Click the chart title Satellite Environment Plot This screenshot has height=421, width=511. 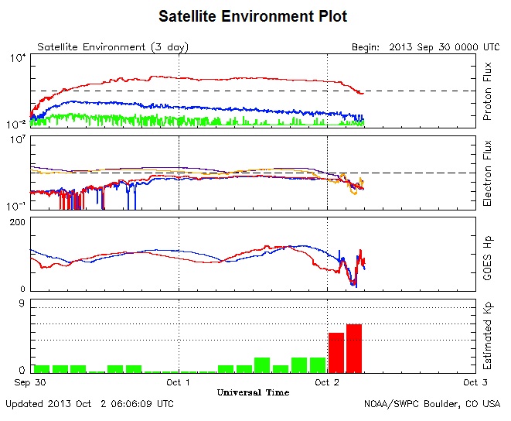click(x=252, y=16)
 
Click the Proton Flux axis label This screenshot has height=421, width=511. click(x=487, y=92)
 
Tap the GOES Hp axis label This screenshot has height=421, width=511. click(x=487, y=255)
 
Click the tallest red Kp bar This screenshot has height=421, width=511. click(x=354, y=348)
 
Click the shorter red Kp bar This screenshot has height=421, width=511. click(x=336, y=352)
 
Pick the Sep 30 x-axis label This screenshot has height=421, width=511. click(x=30, y=382)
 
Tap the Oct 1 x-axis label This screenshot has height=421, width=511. click(x=179, y=382)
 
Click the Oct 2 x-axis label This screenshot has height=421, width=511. click(x=327, y=382)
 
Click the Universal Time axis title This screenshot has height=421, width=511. click(x=253, y=392)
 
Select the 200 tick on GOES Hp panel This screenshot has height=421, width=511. click(x=18, y=223)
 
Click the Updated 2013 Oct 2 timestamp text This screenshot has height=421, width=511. click(x=90, y=404)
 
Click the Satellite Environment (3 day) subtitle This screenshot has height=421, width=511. click(x=113, y=47)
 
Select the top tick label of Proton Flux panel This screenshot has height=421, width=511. click(x=18, y=58)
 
